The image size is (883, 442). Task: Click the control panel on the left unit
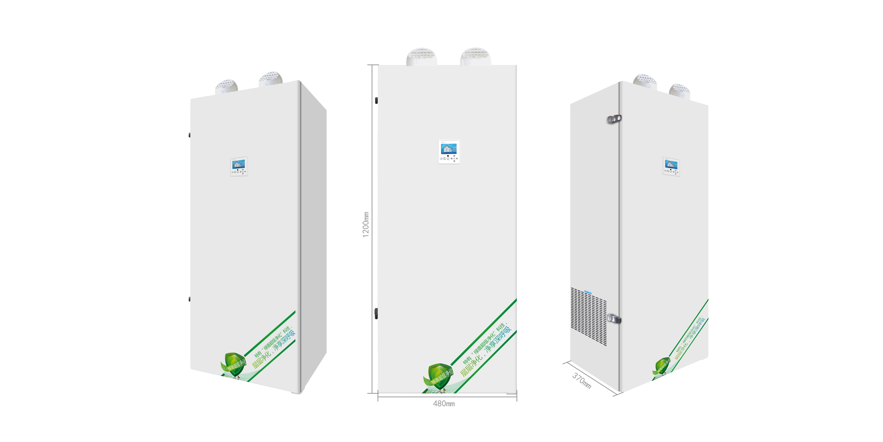coord(239,166)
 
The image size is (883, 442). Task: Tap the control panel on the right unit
coord(671,166)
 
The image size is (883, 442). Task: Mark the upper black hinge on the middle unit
coord(376,100)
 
